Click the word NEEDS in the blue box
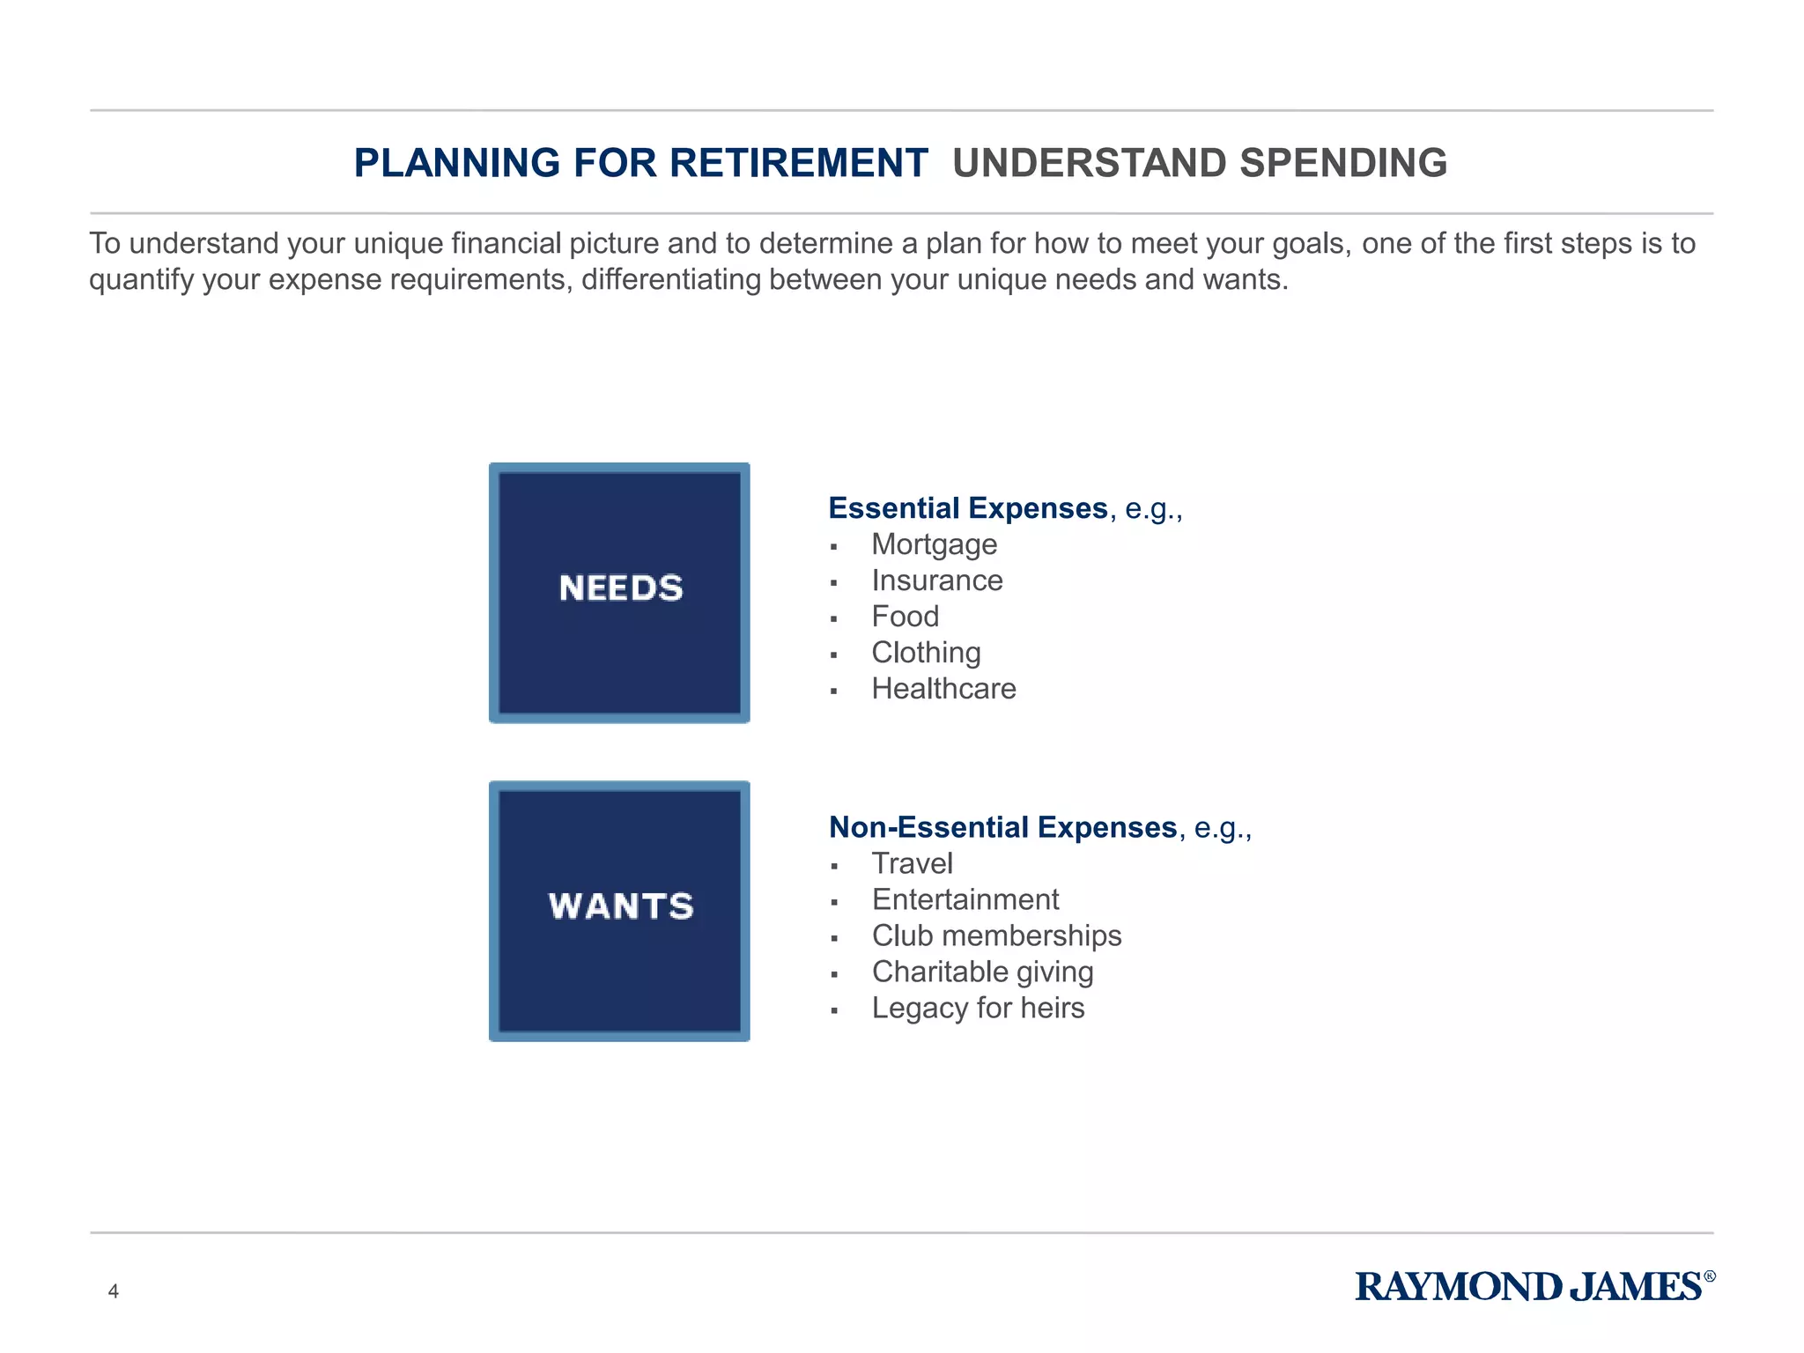pyautogui.click(x=621, y=588)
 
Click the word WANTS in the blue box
pyautogui.click(x=621, y=906)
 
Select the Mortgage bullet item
pyautogui.click(x=934, y=545)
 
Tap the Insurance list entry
pyautogui.click(x=936, y=580)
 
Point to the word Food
pyautogui.click(x=905, y=617)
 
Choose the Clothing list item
pyautogui.click(x=926, y=653)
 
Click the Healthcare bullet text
pyautogui.click(x=943, y=689)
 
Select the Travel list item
pyautogui.click(x=912, y=863)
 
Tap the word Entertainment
pyautogui.click(x=965, y=899)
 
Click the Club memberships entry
pyautogui.click(x=996, y=935)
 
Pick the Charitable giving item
pyautogui.click(x=982, y=972)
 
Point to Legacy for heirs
pyautogui.click(x=978, y=1008)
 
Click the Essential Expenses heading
pyautogui.click(x=968, y=508)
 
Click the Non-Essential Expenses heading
pyautogui.click(x=1002, y=827)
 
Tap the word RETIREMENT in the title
pyautogui.click(x=798, y=163)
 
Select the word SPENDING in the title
pyautogui.click(x=1342, y=163)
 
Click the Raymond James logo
pyautogui.click(x=1528, y=1287)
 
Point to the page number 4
pyautogui.click(x=113, y=1291)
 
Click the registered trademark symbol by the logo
pyautogui.click(x=1710, y=1275)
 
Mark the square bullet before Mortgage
pyautogui.click(x=833, y=547)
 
